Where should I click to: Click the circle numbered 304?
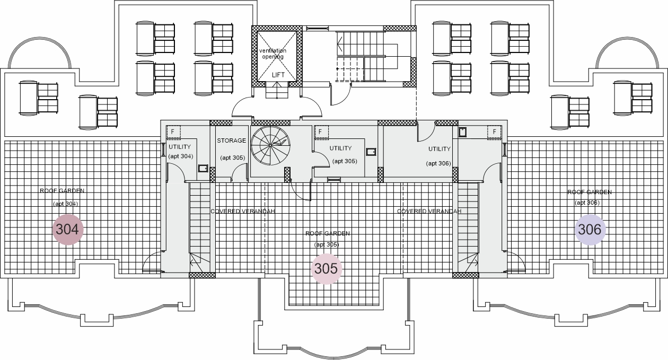tap(68, 230)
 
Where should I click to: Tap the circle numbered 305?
tap(326, 269)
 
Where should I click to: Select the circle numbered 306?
tap(590, 230)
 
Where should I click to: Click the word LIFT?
tap(278, 75)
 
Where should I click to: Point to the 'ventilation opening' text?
tap(273, 54)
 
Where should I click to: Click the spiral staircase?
tap(270, 145)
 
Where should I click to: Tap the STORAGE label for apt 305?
tap(231, 141)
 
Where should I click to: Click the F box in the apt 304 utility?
tap(173, 132)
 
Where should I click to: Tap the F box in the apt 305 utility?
tap(321, 132)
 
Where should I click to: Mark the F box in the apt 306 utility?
tap(495, 132)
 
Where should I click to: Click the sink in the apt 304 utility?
tap(204, 169)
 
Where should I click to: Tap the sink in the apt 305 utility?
tap(371, 152)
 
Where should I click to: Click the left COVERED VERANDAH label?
tap(243, 212)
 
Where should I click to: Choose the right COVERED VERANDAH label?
tap(429, 212)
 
